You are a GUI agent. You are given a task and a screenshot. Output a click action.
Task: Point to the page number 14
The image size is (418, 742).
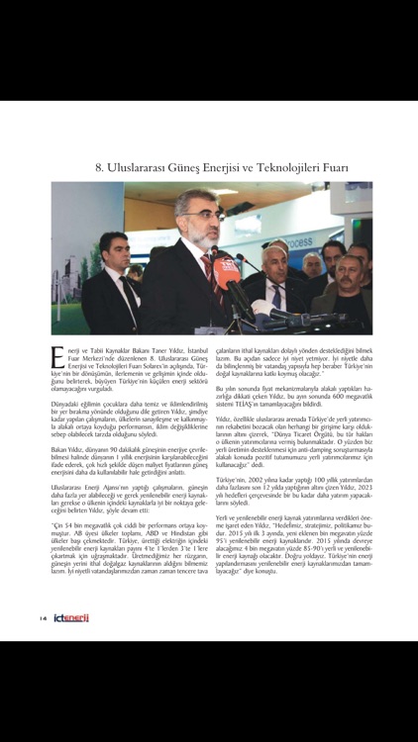coord(44,619)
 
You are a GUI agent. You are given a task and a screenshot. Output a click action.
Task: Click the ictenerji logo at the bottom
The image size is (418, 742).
coord(71,619)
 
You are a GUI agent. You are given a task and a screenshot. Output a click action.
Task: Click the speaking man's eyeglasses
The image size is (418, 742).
coord(194,221)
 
